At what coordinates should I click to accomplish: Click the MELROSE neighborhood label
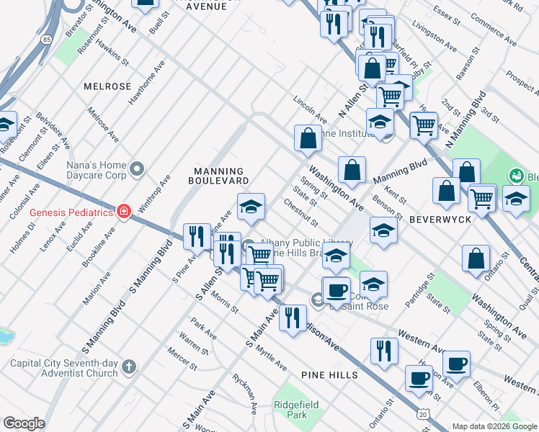pos(107,86)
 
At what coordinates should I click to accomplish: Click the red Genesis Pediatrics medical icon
pos(124,212)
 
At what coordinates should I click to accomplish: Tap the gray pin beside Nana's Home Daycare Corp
pos(138,170)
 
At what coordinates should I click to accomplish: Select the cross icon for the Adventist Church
pos(129,367)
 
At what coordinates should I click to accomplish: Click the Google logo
pos(24,423)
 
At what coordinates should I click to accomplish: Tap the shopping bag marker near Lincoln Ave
pos(308,138)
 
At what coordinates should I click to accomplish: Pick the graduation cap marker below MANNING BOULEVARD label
pos(251,207)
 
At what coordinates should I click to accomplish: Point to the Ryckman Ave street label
pos(243,394)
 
